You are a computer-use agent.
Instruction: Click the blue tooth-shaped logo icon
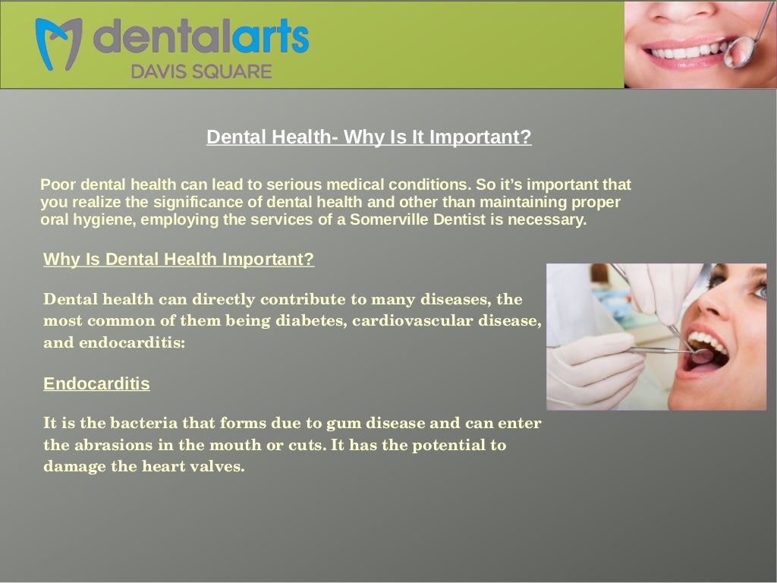[58, 43]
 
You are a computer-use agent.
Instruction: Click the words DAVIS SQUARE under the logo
[201, 72]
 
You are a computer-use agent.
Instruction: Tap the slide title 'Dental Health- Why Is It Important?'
[369, 137]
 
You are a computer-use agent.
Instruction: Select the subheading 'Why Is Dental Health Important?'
[178, 260]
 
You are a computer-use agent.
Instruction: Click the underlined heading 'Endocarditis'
[96, 384]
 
